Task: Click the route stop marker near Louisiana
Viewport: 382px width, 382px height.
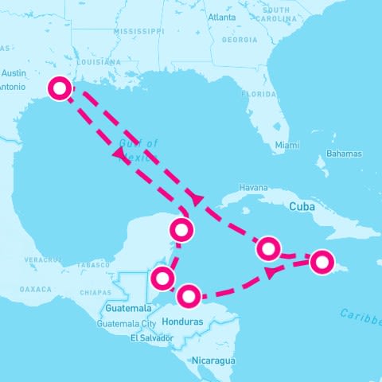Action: pos(59,88)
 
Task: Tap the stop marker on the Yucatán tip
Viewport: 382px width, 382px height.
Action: pos(182,231)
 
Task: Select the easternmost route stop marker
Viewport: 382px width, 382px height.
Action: pos(322,261)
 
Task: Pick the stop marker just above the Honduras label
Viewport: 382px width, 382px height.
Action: pos(189,297)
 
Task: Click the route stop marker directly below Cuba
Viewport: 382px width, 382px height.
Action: pos(269,249)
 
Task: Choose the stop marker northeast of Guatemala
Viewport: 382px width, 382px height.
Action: pos(162,279)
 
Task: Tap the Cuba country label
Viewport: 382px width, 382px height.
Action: pos(303,205)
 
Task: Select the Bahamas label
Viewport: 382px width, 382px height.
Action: pos(344,154)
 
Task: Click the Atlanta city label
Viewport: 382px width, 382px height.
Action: pos(221,17)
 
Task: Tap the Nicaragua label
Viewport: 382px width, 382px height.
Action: pos(213,361)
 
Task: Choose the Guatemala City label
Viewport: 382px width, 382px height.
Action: pos(126,324)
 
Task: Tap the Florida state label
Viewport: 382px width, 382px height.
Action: pos(259,93)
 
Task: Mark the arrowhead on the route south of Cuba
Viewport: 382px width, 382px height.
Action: pos(271,272)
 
